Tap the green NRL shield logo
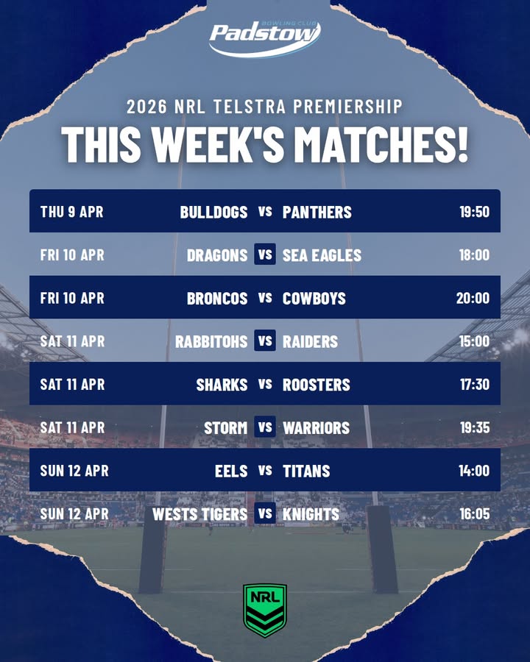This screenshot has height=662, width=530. pyautogui.click(x=265, y=611)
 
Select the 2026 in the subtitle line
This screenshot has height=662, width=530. pyautogui.click(x=147, y=107)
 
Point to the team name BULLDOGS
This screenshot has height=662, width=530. pyautogui.click(x=214, y=212)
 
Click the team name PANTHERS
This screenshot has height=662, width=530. pyautogui.click(x=317, y=212)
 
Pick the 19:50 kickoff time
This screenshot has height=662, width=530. pyautogui.click(x=475, y=212)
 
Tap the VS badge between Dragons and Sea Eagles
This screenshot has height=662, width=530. pyautogui.click(x=265, y=255)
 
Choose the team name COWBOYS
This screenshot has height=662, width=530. pyautogui.click(x=314, y=298)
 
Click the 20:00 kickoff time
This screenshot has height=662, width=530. pyautogui.click(x=473, y=298)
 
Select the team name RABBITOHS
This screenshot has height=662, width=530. pyautogui.click(x=211, y=341)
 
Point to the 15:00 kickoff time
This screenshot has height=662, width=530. pyautogui.click(x=474, y=341)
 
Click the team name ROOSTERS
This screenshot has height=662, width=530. pyautogui.click(x=317, y=384)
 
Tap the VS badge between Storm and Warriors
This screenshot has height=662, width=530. pyautogui.click(x=265, y=427)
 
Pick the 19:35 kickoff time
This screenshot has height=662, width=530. pyautogui.click(x=475, y=427)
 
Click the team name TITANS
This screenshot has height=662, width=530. pyautogui.click(x=306, y=471)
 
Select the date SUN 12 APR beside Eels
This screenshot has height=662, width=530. pyautogui.click(x=74, y=471)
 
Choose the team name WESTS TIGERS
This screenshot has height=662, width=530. pyautogui.click(x=199, y=514)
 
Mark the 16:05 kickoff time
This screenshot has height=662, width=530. pyautogui.click(x=475, y=514)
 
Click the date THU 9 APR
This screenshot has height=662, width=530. pyautogui.click(x=72, y=212)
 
